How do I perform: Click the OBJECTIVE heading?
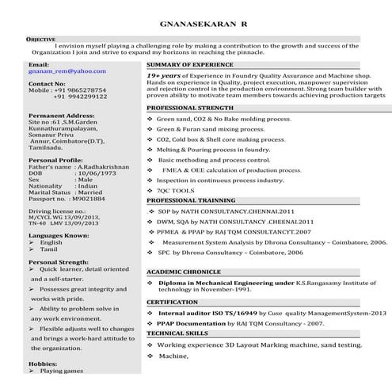(x=40, y=38)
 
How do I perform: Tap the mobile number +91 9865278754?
(x=78, y=90)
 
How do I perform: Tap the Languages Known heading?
(x=59, y=235)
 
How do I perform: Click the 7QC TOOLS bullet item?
(x=175, y=191)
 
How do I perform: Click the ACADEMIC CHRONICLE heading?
(x=183, y=272)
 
